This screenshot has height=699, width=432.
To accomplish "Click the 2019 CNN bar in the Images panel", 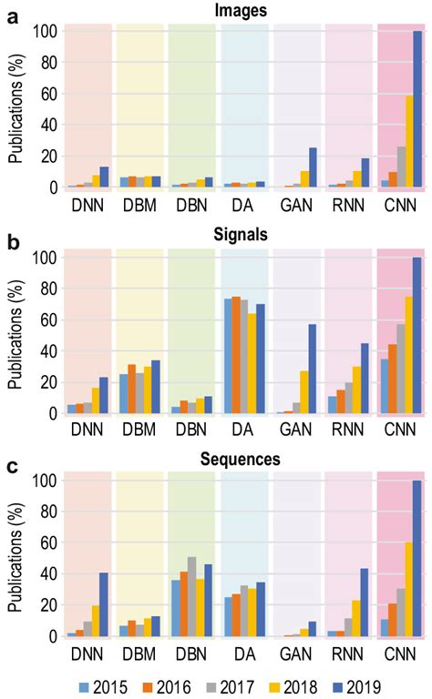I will coord(418,109).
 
